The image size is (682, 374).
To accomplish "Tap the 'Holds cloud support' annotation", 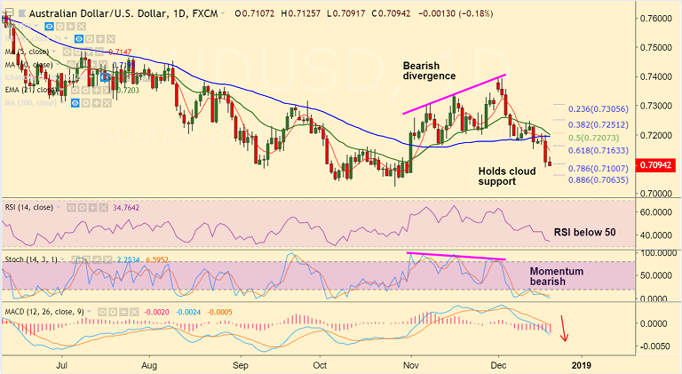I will (x=506, y=176).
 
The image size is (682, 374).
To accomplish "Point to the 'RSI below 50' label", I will (x=586, y=232).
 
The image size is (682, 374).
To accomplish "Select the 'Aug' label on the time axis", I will (x=149, y=364).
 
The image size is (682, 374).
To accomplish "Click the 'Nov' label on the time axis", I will (x=411, y=364).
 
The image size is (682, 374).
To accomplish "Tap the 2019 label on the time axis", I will (x=581, y=364).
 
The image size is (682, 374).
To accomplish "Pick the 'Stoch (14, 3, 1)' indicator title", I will (x=33, y=259).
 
